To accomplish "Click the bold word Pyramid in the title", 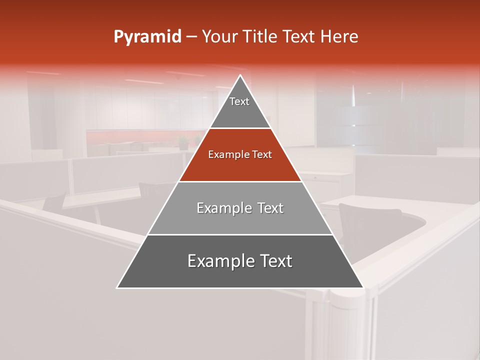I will (x=147, y=37).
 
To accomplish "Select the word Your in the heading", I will (x=220, y=37).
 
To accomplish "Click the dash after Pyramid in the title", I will (x=191, y=37).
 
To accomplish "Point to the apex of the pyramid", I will (x=240, y=75).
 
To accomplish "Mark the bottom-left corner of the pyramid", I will (x=117, y=288).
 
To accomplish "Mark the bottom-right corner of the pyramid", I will (x=363, y=288).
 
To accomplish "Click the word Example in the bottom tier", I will (x=219, y=261).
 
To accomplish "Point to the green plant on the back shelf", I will (x=183, y=142).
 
